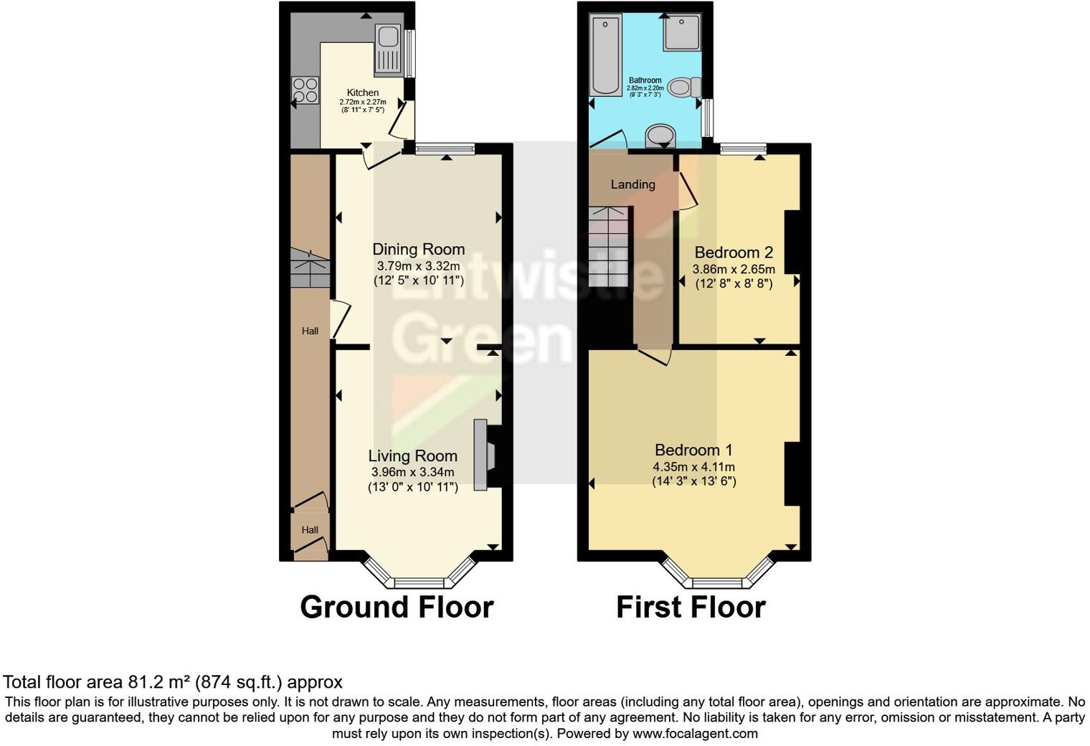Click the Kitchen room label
(363, 93)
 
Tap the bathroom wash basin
(660, 136)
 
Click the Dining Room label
(418, 250)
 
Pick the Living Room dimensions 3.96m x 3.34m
(412, 472)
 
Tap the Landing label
(632, 184)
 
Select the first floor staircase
(610, 246)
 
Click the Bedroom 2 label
(733, 252)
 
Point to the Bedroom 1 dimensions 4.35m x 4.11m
(693, 466)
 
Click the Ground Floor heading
(397, 607)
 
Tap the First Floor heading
(691, 607)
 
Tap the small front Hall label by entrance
(310, 530)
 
